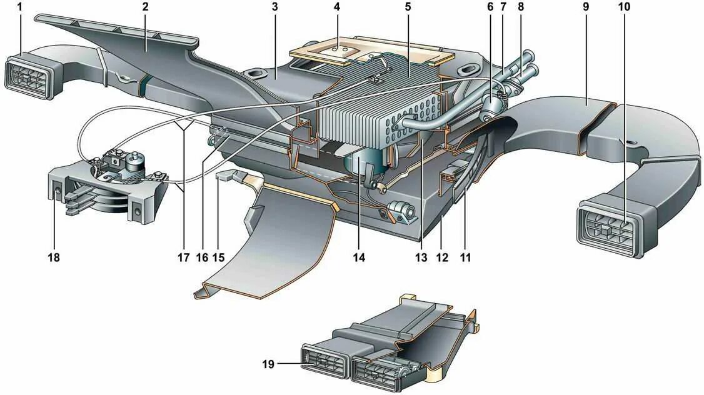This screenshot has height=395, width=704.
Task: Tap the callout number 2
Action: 145,7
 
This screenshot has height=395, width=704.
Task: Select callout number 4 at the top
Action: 337,7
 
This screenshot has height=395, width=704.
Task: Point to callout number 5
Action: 408,7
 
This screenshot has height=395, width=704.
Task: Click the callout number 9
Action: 586,7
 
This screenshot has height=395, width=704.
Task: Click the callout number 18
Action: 54,256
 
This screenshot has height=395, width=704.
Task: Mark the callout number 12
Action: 442,256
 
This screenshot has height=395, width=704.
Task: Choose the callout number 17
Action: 183,256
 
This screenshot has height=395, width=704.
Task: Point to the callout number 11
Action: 464,256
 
